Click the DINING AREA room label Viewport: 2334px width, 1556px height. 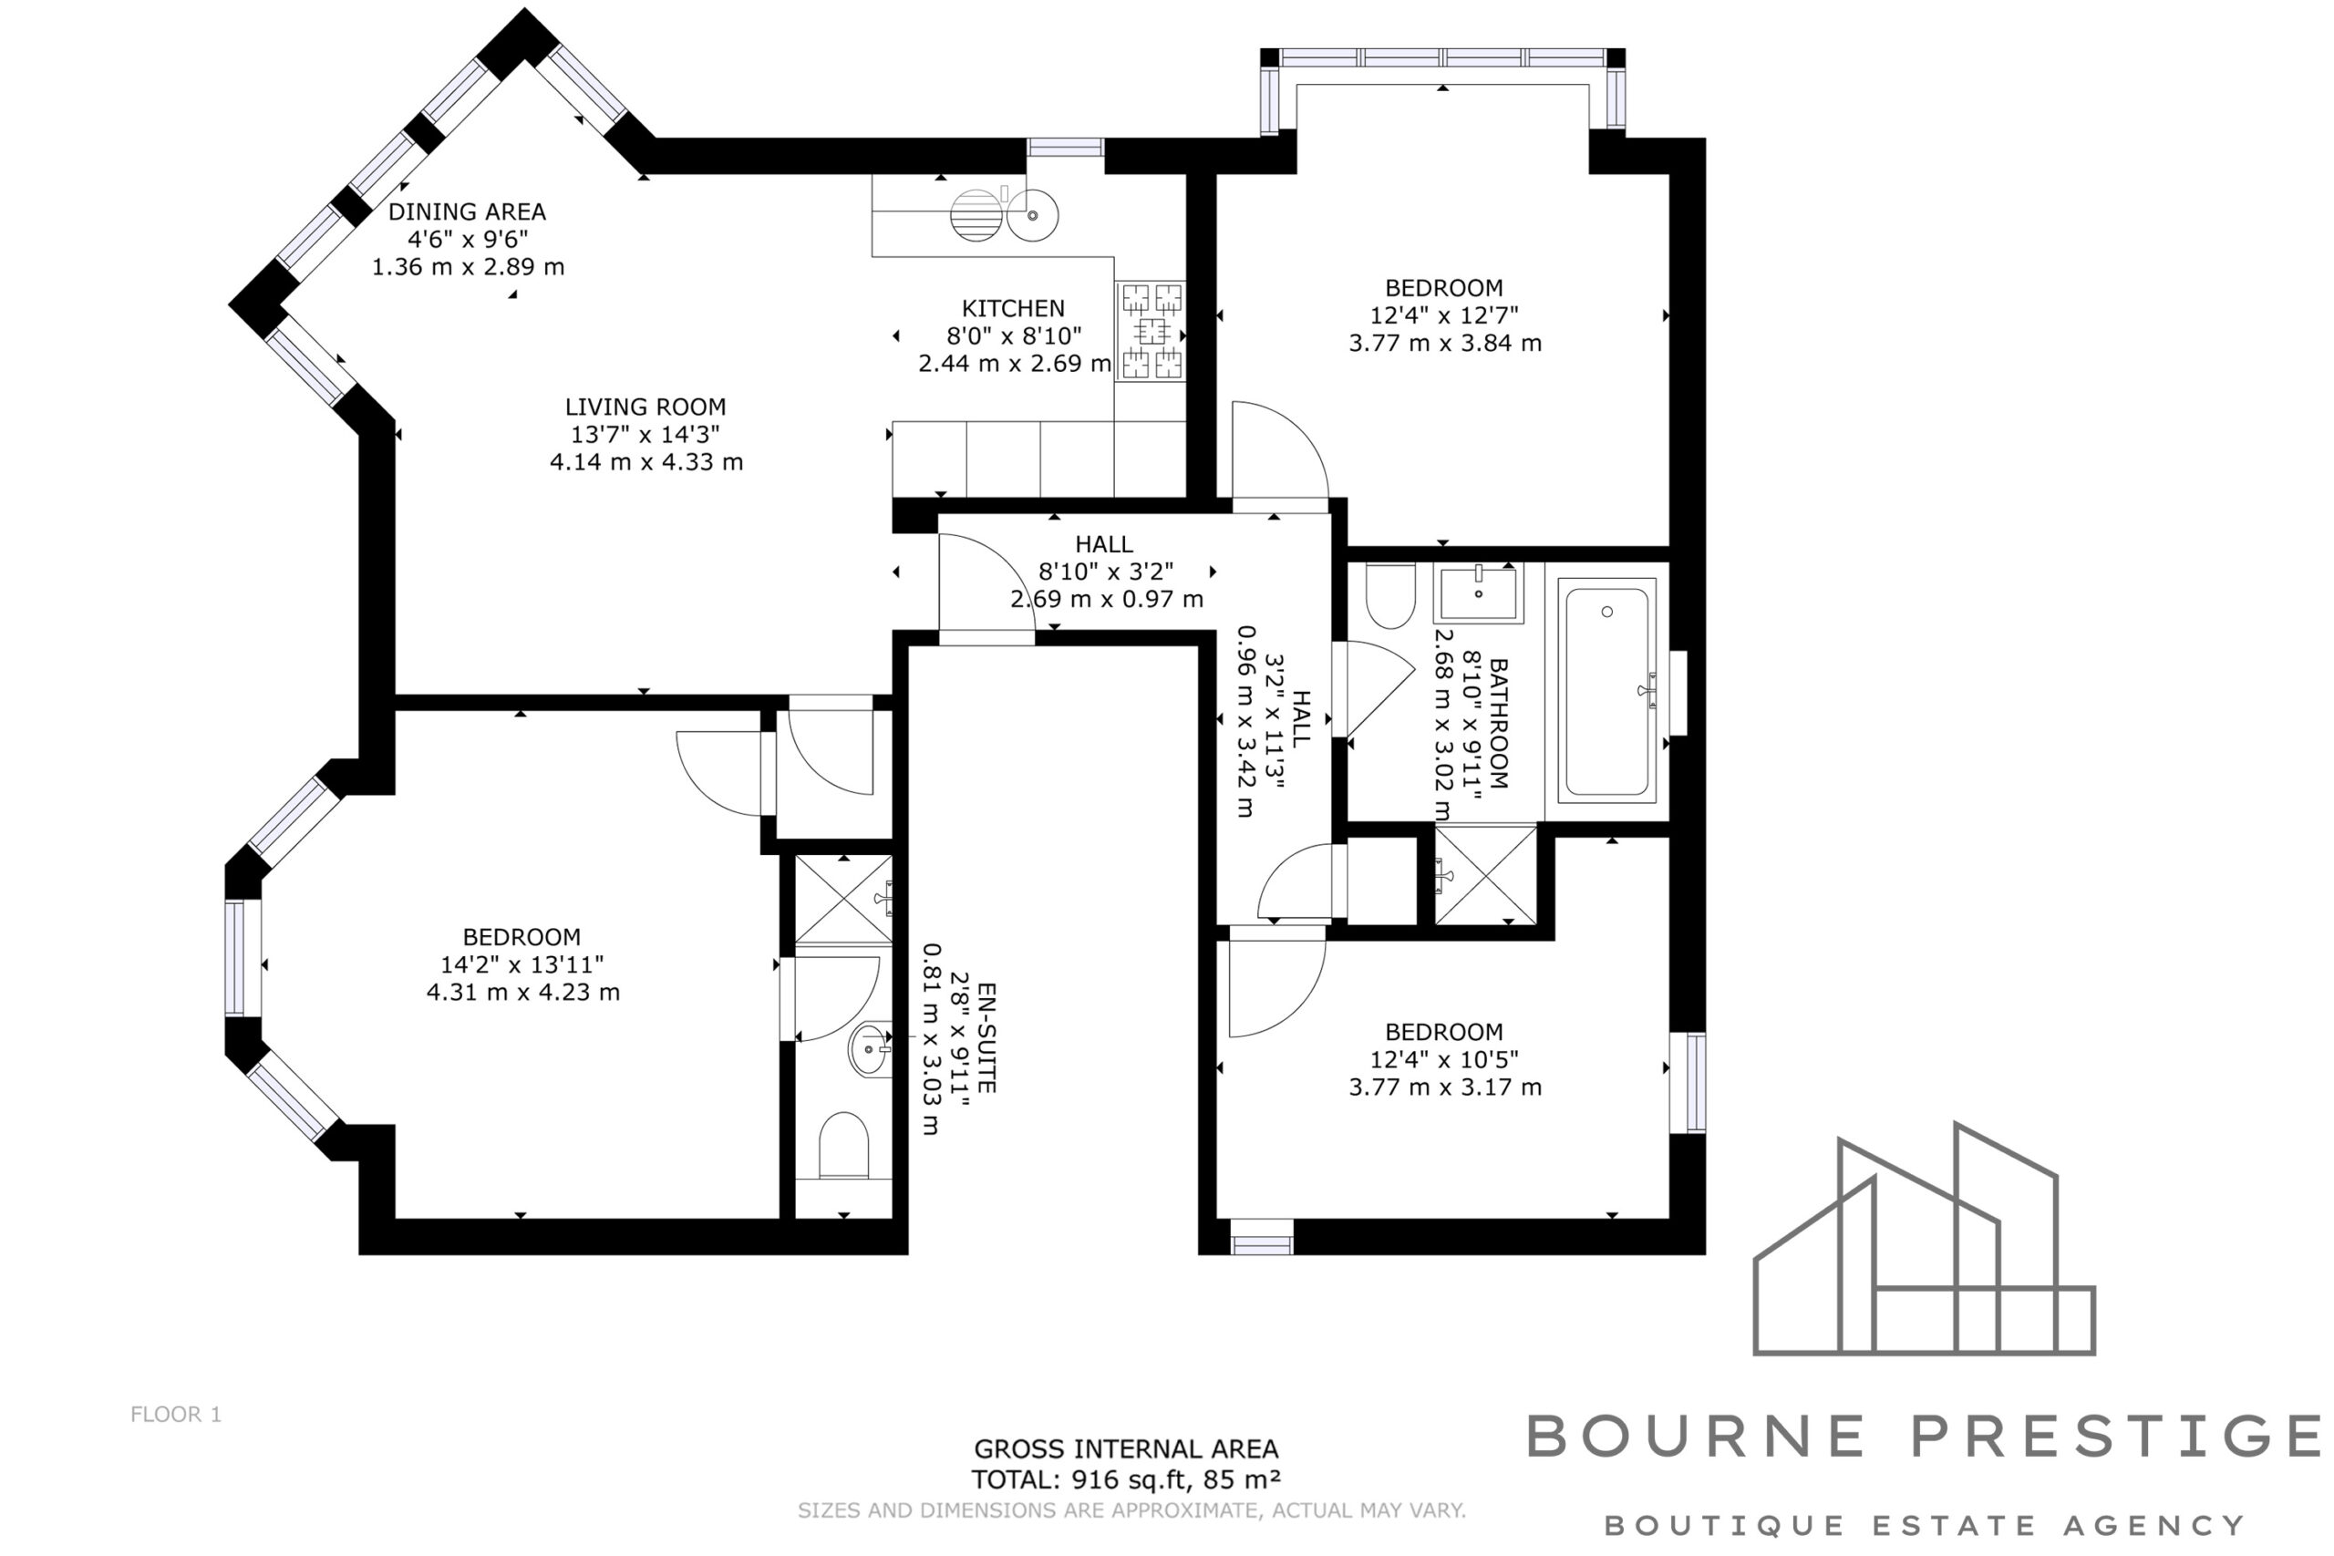467,211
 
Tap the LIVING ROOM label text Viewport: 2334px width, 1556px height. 645,407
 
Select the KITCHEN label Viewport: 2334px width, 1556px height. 1012,309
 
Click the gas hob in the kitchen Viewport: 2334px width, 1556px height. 1152,332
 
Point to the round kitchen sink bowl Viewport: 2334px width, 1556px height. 1033,215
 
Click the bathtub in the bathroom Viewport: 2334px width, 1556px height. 1606,691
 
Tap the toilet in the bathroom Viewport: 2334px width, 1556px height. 1390,595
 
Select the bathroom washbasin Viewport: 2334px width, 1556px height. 1478,593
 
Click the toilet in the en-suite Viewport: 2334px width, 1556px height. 843,1145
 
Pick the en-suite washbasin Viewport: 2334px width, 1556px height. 871,1049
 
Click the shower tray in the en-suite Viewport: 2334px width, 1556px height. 843,900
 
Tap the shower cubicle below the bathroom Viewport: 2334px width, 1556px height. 1485,874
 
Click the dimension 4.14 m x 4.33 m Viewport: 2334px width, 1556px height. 646,461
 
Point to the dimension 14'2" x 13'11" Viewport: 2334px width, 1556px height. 522,964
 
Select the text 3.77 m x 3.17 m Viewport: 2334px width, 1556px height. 1445,1087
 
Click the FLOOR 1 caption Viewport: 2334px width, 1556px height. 176,1414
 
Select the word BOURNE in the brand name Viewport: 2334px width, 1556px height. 1696,1436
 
